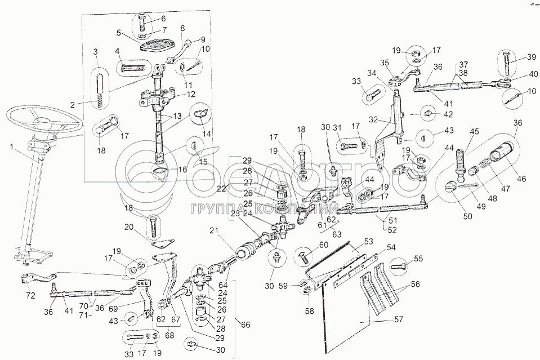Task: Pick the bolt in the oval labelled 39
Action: pyautogui.click(x=506, y=63)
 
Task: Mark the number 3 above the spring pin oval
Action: pyautogui.click(x=95, y=52)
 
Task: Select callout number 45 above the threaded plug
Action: pyautogui.click(x=476, y=132)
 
